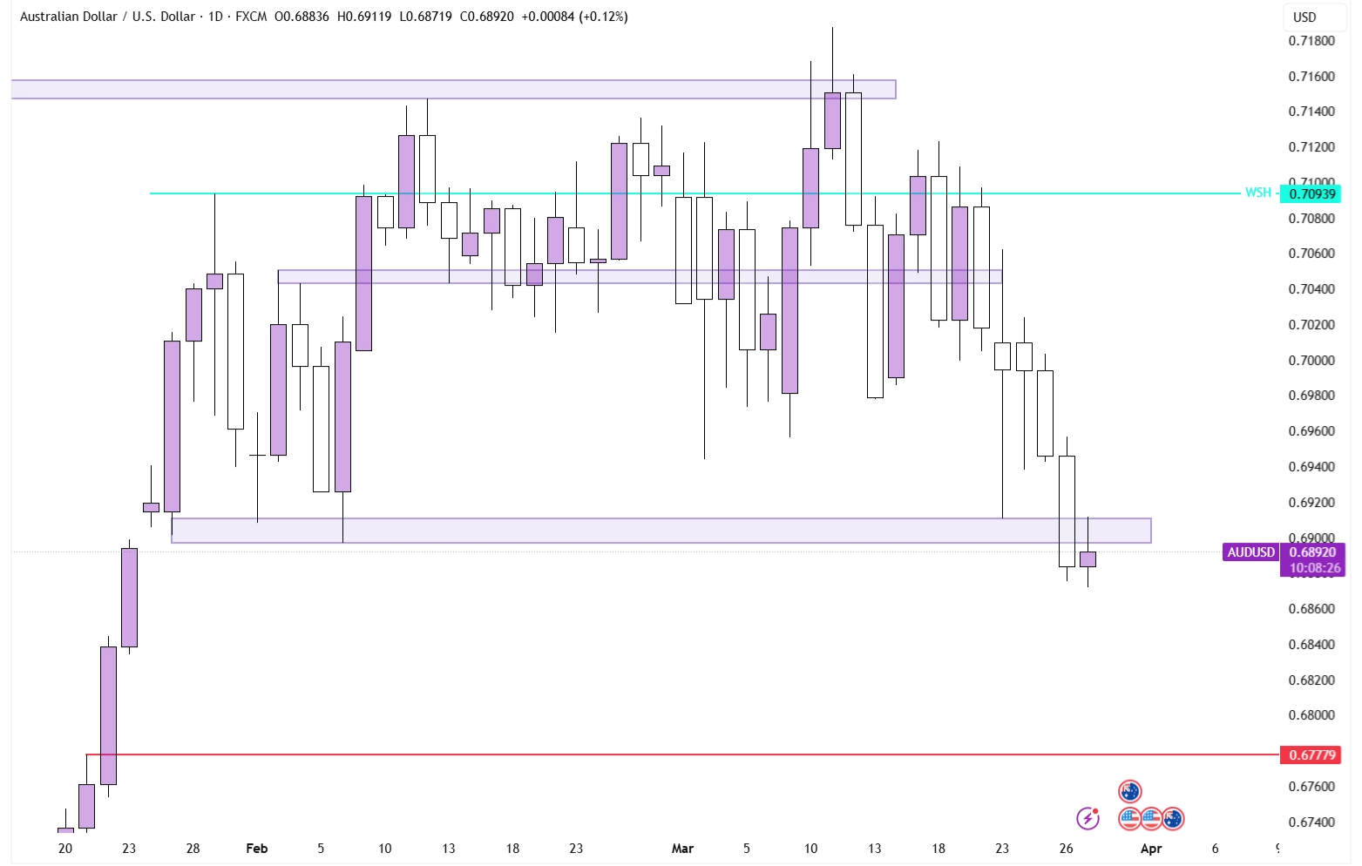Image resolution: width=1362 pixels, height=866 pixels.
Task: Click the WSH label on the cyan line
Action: click(1257, 193)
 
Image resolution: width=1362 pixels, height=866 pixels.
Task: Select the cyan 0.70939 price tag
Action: click(1311, 193)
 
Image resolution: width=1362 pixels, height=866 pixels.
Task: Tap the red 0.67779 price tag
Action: click(1311, 754)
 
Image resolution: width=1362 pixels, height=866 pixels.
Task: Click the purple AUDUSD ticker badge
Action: click(1250, 552)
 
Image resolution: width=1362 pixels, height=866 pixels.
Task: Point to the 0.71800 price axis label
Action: click(1311, 41)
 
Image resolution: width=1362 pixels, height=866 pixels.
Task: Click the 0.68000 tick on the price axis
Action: click(1311, 715)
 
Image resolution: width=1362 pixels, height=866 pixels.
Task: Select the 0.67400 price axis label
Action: click(1311, 822)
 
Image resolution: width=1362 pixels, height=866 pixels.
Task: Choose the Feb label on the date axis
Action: click(257, 849)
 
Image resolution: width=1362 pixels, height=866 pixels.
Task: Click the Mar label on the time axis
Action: click(682, 849)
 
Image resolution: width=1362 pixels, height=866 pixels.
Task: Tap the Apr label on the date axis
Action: click(1151, 849)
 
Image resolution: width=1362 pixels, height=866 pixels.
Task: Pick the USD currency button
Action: click(1304, 17)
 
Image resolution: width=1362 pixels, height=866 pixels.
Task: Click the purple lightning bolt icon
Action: click(1088, 818)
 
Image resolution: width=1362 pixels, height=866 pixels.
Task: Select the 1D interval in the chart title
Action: click(215, 17)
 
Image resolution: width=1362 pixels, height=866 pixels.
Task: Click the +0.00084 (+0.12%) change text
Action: click(574, 17)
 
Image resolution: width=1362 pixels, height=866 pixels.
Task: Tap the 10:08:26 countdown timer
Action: click(1315, 568)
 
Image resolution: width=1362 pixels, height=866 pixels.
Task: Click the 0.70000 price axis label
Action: click(1311, 361)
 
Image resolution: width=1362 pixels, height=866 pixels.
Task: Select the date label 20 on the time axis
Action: click(65, 849)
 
